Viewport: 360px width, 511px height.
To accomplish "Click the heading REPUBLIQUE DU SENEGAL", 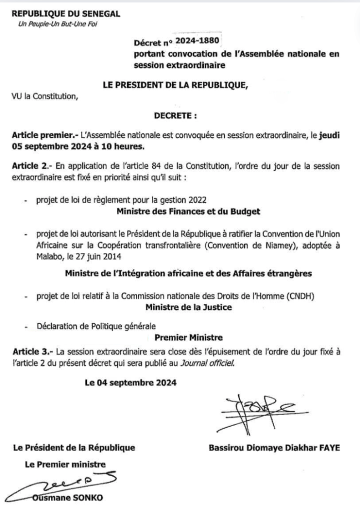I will [65, 14].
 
